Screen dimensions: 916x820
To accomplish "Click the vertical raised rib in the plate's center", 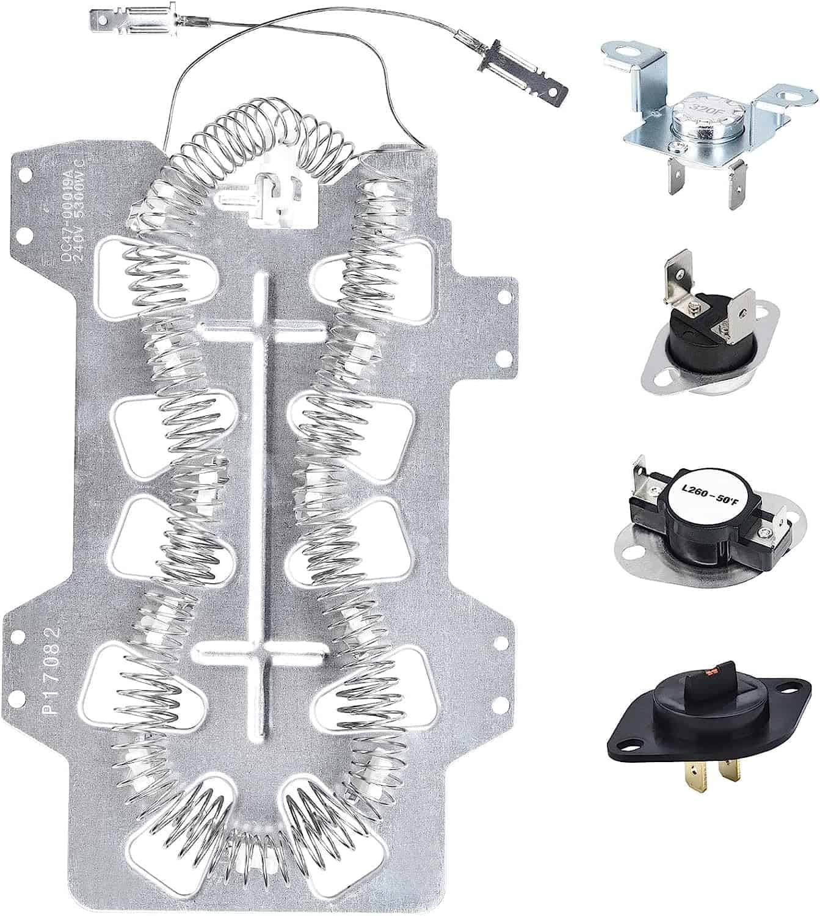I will [x=261, y=489].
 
